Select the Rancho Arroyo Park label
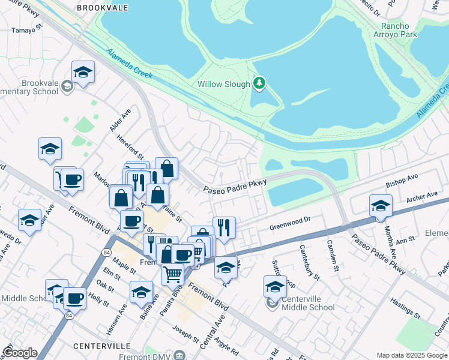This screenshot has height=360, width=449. (x=403, y=31)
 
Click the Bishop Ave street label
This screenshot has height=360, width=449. (x=402, y=179)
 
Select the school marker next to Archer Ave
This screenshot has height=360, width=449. (x=381, y=206)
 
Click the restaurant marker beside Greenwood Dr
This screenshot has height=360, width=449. (x=224, y=227)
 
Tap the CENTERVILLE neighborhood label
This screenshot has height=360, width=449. (x=102, y=346)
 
